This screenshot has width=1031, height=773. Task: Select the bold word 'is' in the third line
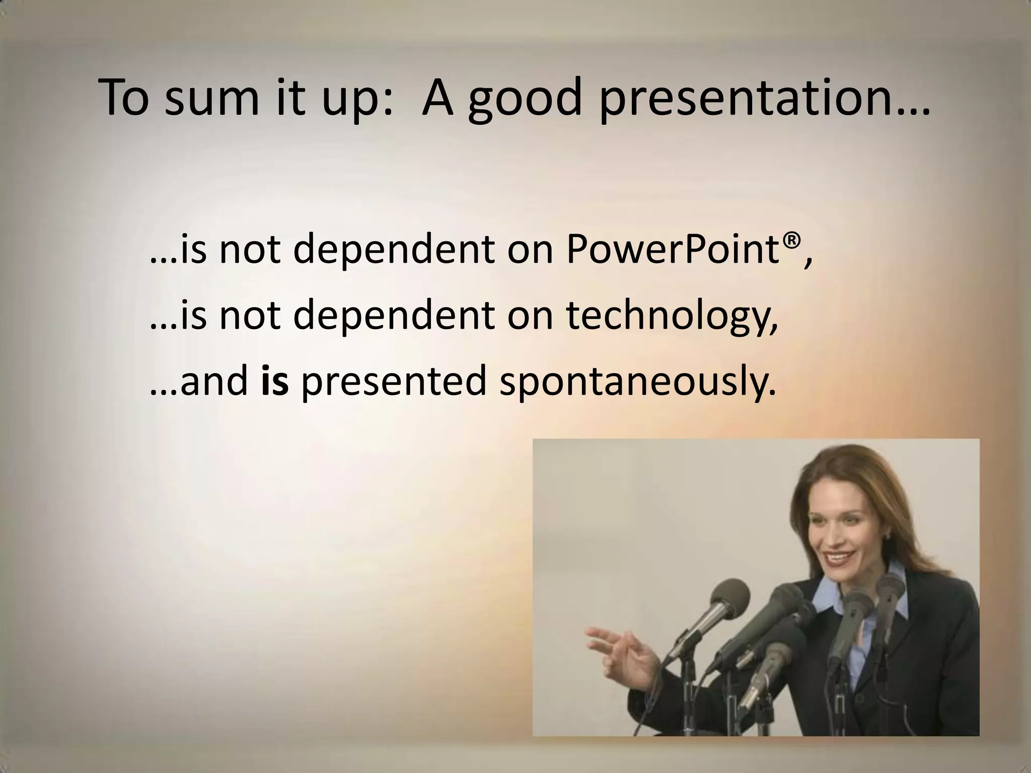click(275, 380)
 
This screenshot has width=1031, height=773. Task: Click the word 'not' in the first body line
click(250, 251)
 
